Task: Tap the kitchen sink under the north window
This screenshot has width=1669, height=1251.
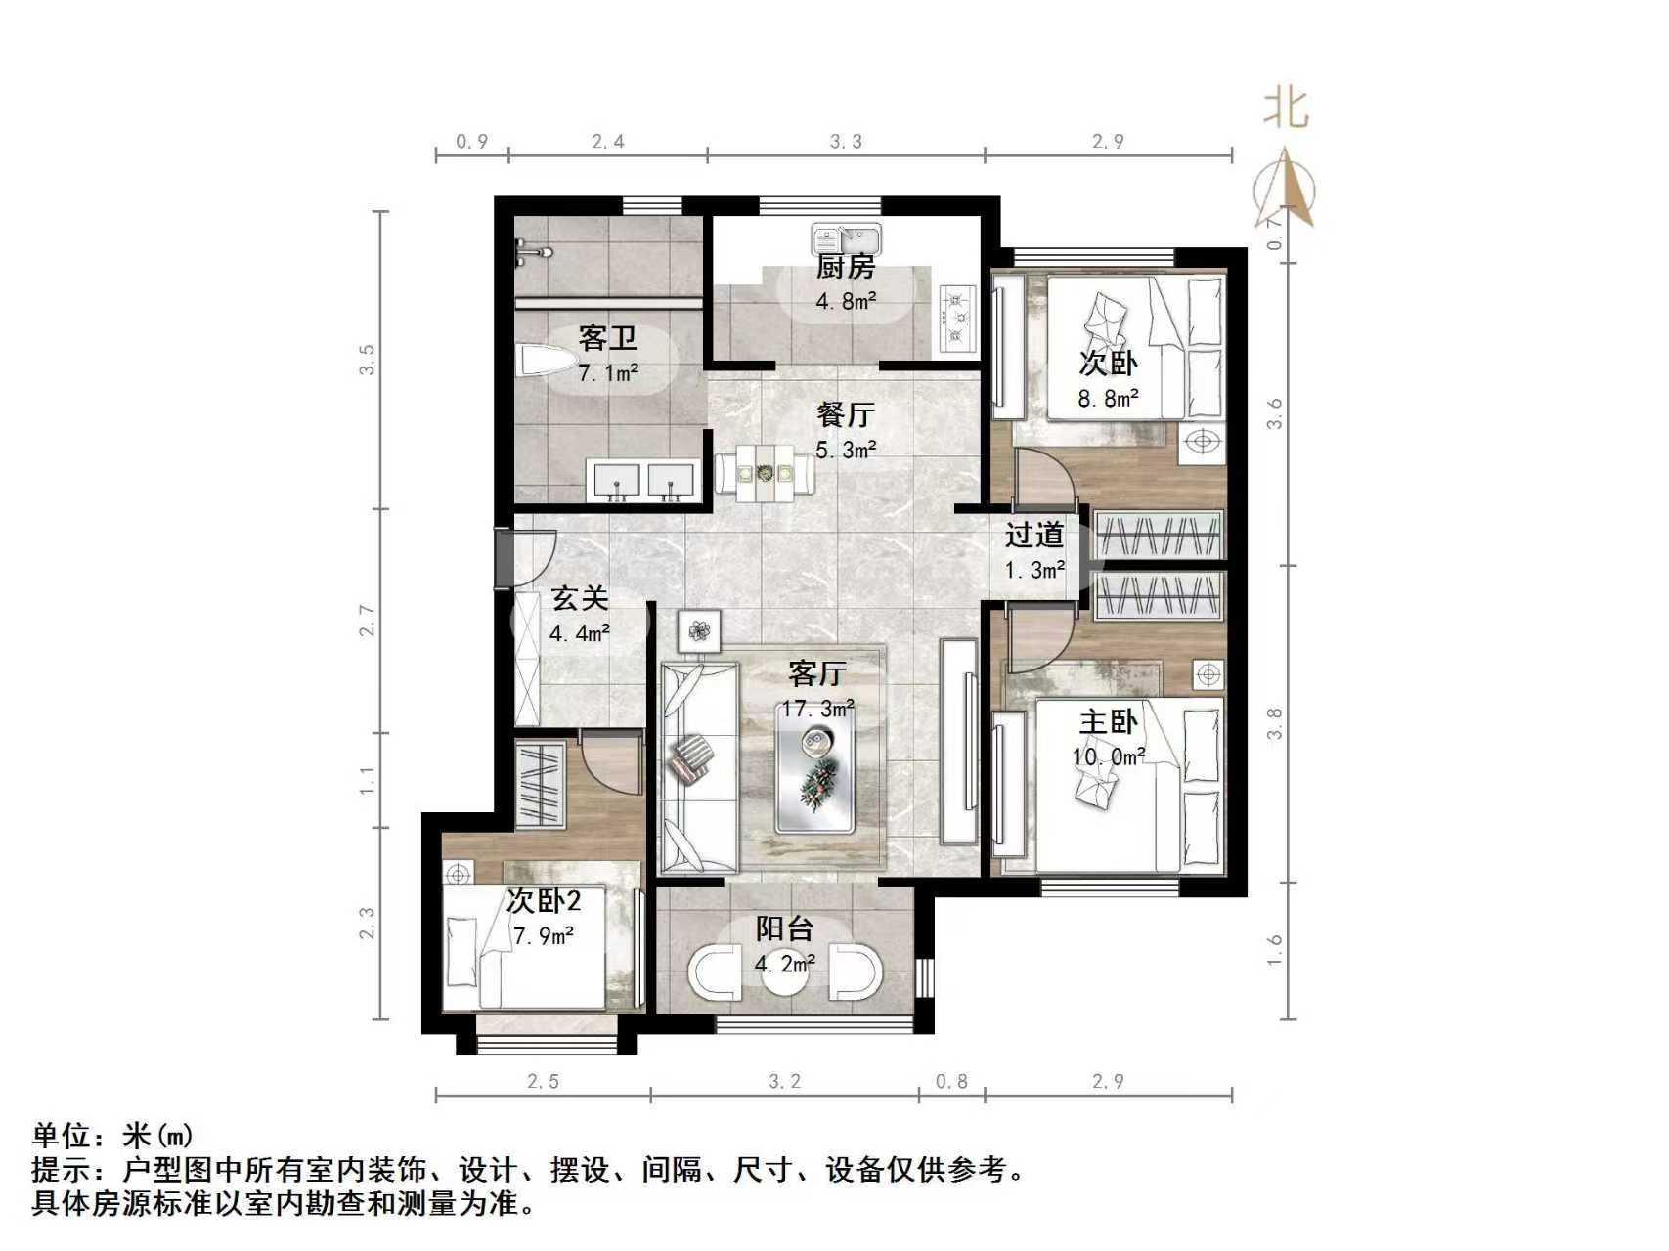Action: [846, 237]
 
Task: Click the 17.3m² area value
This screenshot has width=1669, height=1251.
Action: [817, 708]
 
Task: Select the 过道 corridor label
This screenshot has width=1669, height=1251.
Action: [1034, 535]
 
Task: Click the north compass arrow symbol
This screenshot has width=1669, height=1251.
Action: [1288, 191]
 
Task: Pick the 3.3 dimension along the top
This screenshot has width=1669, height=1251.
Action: [846, 142]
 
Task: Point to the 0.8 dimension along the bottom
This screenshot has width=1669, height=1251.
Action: [951, 1081]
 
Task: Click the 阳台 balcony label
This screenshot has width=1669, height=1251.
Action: [784, 929]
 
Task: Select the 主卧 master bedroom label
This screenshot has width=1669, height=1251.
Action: [1108, 722]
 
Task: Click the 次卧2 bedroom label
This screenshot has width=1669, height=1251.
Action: [544, 901]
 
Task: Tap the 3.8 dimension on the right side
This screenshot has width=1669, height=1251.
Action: [1273, 724]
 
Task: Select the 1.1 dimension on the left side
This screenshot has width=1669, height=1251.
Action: [367, 780]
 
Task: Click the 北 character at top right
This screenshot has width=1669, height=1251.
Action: [1286, 107]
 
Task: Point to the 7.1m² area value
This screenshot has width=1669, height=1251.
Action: [608, 372]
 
